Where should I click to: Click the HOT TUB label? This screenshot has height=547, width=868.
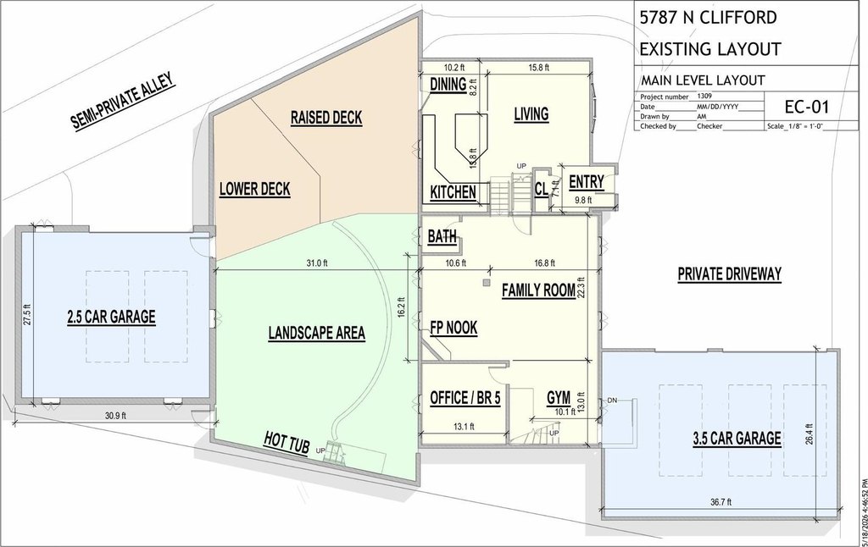pos(287,442)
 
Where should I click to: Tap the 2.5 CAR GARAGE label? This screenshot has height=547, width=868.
pos(111,317)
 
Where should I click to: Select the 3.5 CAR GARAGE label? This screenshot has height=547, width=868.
pos(737,439)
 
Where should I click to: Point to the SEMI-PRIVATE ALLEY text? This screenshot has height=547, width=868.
pos(124,101)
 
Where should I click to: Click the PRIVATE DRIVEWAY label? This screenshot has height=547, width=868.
pos(730,273)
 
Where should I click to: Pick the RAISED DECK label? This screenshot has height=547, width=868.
pos(326,117)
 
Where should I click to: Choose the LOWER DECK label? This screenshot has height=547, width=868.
pos(254,189)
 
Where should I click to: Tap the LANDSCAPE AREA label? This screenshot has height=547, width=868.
pos(317,333)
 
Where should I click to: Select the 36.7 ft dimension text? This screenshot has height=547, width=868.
pos(721,502)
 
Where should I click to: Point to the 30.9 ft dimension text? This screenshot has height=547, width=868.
pos(115,416)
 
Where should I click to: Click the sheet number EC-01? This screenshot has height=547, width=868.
pos(807,107)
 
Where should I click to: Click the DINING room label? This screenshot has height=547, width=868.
pos(448,84)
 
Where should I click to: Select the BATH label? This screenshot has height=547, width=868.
pos(442,237)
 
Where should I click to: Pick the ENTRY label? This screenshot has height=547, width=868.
pos(587,182)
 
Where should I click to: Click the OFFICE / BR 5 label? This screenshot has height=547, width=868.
pos(465,398)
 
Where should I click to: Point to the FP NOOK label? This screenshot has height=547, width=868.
pos(453,328)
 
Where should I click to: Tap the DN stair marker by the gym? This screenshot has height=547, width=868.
pos(612,401)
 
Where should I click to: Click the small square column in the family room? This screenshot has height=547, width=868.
pos(486,283)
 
